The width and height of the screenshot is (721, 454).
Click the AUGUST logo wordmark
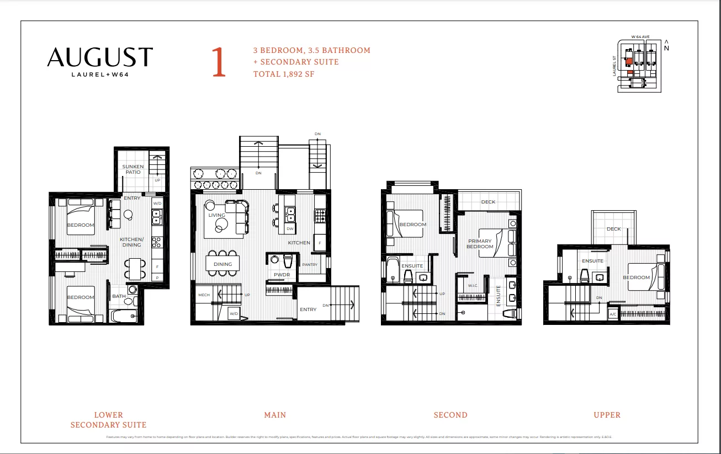click(x=99, y=57)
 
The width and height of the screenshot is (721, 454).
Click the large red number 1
click(x=219, y=62)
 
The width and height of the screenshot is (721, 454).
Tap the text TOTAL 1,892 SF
click(x=284, y=73)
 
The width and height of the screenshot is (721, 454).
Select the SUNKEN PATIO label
click(x=132, y=169)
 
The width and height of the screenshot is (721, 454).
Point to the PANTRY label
click(x=310, y=265)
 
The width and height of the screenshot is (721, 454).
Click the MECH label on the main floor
click(x=204, y=295)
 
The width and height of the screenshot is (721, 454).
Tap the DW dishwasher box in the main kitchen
click(x=290, y=228)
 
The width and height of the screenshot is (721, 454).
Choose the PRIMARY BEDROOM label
click(x=480, y=244)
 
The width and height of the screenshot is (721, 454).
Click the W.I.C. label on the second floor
click(x=473, y=286)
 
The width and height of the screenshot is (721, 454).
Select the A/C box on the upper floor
click(x=613, y=314)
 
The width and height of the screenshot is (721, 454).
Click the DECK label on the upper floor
click(x=613, y=229)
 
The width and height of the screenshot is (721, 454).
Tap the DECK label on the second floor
click(x=488, y=202)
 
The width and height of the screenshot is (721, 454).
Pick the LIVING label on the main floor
click(x=216, y=215)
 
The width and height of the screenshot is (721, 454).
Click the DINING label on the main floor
click(x=222, y=264)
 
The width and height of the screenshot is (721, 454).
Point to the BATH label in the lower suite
click(x=119, y=296)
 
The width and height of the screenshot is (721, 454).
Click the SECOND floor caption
click(x=450, y=415)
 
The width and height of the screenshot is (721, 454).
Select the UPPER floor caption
click(x=607, y=415)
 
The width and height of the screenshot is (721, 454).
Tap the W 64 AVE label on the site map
click(x=640, y=37)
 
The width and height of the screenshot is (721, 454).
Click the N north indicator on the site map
click(x=667, y=47)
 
